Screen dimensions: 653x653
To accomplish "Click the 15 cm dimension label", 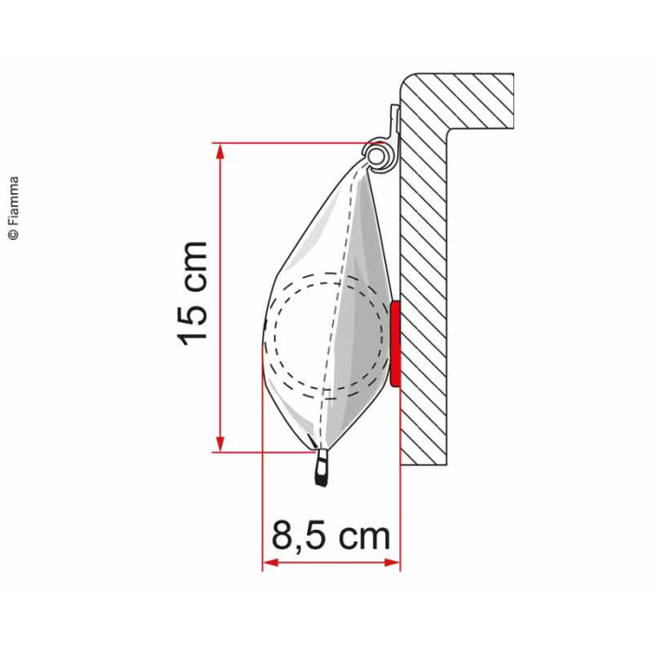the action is pos(192,294).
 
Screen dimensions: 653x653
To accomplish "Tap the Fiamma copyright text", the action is pos(14,208).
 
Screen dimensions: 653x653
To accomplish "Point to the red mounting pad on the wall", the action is pos(396,343).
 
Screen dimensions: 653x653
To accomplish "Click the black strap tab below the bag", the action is pos(322,467).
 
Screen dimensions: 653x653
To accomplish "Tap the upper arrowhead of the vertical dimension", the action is pos(220,151).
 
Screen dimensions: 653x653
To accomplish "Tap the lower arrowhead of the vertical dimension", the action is pos(220,443).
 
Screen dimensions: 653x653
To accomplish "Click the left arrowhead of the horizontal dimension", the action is pos(271,563).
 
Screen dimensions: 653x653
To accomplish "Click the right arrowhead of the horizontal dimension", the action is pos(392,563).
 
